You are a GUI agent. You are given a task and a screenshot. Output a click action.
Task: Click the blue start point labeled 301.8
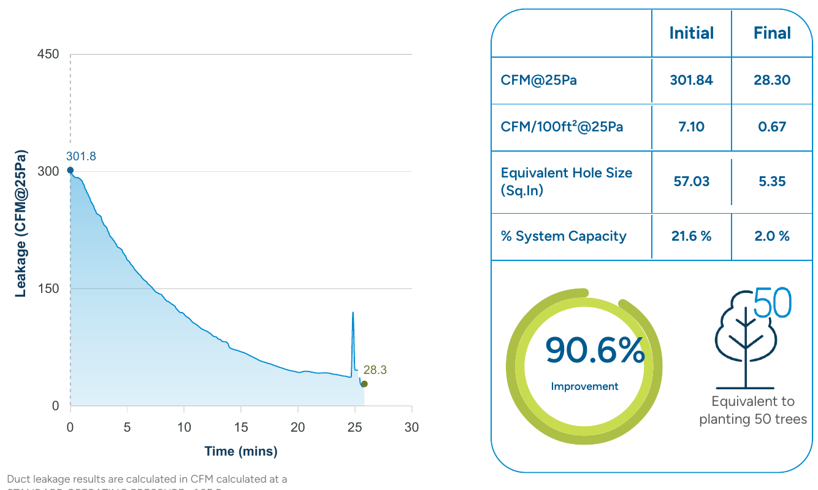click(70, 170)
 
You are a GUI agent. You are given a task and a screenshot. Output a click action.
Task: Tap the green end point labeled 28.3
click(364, 384)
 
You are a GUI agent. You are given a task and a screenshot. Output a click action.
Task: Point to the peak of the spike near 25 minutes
click(353, 313)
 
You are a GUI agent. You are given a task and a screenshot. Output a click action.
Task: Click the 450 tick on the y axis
click(48, 55)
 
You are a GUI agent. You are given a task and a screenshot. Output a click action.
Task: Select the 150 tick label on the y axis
click(48, 289)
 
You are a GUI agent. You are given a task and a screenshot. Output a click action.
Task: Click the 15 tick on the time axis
click(241, 427)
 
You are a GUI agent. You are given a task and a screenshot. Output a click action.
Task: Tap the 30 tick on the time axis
click(411, 427)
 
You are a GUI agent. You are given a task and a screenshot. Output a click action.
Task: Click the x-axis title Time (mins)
click(241, 451)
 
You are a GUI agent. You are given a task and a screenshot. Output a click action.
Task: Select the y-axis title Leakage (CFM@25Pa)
click(21, 222)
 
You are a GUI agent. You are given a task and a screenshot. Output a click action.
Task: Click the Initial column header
click(691, 33)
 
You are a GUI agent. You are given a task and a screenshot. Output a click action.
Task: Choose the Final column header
click(772, 33)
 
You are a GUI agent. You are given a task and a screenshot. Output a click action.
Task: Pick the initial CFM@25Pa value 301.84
click(691, 80)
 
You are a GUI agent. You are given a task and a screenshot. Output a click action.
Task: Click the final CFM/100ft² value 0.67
click(772, 127)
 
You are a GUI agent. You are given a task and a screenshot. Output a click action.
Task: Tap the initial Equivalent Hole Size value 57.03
click(691, 182)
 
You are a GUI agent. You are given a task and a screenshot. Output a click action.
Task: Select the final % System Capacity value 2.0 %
click(772, 236)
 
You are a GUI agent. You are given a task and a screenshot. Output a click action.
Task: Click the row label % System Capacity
click(564, 236)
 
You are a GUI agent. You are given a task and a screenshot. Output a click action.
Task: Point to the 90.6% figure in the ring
click(595, 351)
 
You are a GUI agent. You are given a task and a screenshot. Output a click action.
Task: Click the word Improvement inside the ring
click(584, 386)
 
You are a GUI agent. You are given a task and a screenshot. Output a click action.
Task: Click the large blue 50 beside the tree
click(773, 303)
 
